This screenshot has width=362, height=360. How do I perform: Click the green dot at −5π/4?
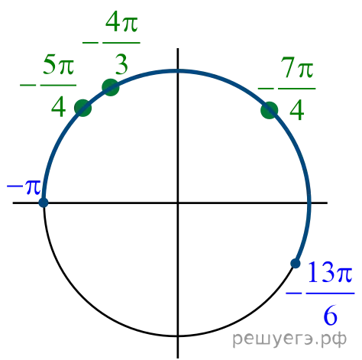tap(82, 108)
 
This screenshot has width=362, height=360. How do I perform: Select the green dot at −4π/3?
tap(111, 87)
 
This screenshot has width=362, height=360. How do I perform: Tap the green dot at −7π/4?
tap(270, 110)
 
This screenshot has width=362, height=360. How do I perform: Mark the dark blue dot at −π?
tap(44, 203)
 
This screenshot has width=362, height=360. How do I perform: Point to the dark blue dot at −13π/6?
tap(296, 263)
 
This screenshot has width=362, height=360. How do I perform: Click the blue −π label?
tap(24, 187)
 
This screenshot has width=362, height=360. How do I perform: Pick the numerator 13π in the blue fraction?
tap(330, 272)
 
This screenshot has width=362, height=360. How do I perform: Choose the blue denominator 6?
tap(330, 315)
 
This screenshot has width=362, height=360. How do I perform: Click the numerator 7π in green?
tap(296, 67)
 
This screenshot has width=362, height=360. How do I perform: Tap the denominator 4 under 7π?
tap(297, 110)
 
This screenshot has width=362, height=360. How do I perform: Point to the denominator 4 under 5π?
tap(59, 107)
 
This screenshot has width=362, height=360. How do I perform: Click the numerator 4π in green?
tap(121, 21)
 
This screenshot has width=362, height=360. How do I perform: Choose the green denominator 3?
tap(121, 64)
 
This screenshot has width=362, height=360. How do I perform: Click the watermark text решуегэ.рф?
tap(289, 339)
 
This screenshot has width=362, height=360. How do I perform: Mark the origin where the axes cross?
tap(178, 203)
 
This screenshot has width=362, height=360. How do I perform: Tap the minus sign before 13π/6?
tap(294, 294)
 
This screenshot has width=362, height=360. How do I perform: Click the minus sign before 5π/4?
tap(28, 85)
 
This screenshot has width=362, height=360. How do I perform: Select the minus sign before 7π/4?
tap(266, 89)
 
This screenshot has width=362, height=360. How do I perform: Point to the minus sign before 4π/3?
tap(90, 43)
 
